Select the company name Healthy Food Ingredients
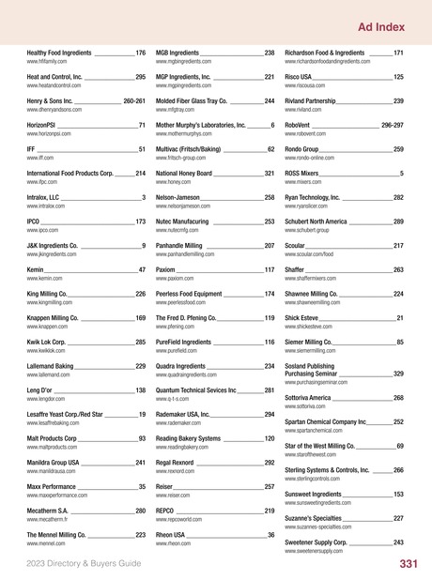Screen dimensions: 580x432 (59, 53)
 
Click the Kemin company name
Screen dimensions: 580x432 (36, 269)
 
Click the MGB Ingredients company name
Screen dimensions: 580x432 (177, 53)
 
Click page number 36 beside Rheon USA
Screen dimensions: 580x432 (271, 535)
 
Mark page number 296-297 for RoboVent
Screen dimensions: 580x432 (393, 125)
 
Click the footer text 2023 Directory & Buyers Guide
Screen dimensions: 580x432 (84, 564)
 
